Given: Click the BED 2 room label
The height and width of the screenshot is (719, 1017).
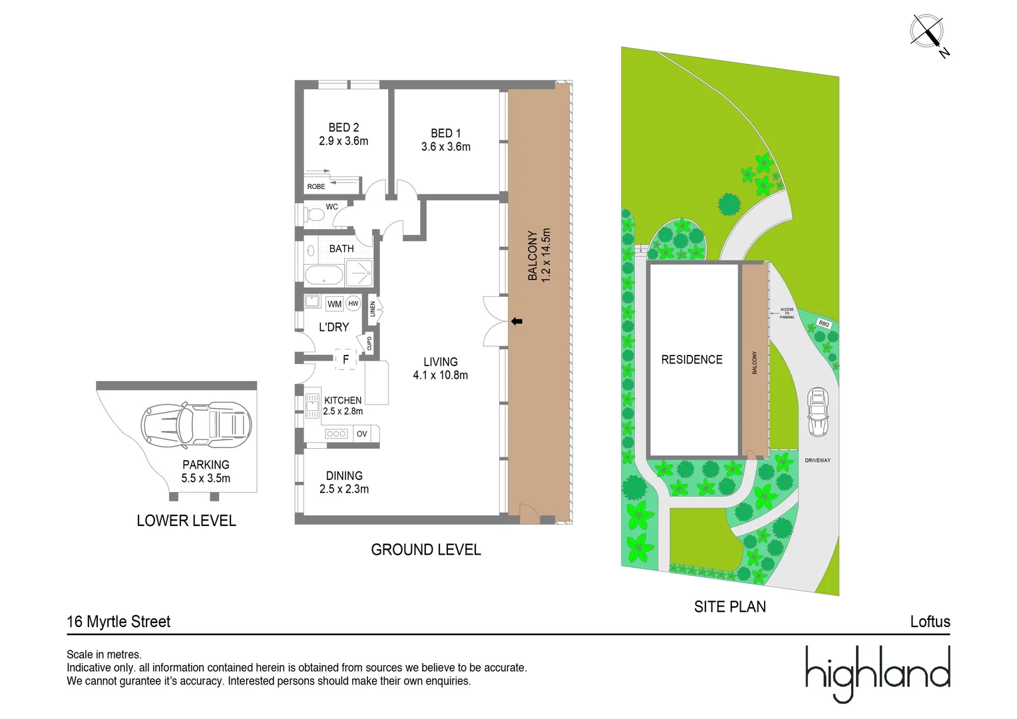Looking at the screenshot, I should (x=343, y=127).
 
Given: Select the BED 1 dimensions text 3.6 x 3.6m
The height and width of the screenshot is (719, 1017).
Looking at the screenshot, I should (x=445, y=147).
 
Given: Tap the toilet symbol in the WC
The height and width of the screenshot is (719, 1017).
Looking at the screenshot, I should (x=315, y=214).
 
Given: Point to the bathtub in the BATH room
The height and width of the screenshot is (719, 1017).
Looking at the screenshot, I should (x=324, y=274).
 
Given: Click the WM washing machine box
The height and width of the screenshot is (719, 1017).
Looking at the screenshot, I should (x=334, y=304).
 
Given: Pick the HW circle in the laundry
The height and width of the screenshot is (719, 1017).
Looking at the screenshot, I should (x=353, y=304).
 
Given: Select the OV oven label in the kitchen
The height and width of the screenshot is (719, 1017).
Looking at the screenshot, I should (x=362, y=434).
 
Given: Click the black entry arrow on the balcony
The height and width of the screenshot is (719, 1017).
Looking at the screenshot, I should (x=516, y=322).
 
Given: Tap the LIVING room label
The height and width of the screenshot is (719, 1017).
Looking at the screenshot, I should (x=441, y=361).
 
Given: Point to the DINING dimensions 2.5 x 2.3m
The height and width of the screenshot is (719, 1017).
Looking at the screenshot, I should (x=344, y=489).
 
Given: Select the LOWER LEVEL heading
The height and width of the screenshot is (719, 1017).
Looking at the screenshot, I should (x=186, y=521).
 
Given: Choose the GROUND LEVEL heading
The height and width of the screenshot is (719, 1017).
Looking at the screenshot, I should (x=426, y=550).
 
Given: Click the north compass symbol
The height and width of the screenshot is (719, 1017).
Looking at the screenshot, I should (x=927, y=32).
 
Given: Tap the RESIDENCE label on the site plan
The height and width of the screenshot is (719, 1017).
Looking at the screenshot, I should (x=692, y=359).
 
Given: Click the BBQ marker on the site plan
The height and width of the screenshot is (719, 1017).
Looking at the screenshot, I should (x=824, y=324).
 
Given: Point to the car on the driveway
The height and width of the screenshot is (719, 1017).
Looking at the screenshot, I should (x=818, y=413).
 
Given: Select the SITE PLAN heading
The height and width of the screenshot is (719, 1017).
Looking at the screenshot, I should (x=730, y=606).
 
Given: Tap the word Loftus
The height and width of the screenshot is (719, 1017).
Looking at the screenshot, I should (x=930, y=622).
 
